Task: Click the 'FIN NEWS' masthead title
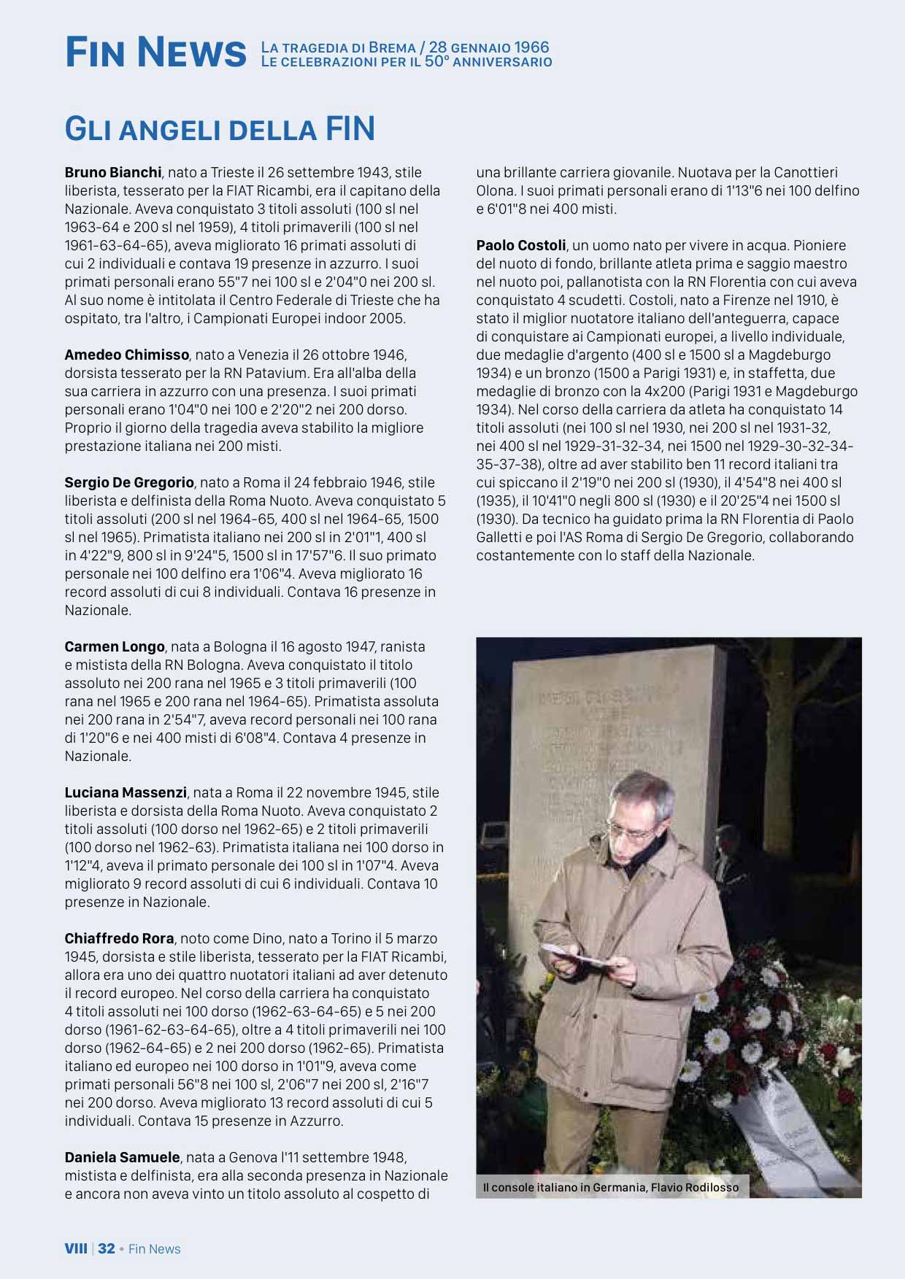pos(155,53)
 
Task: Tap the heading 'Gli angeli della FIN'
pos(220,129)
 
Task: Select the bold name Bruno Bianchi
pos(112,173)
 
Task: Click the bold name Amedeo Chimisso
pos(126,355)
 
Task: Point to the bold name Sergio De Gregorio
pos(129,483)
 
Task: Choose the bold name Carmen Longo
pos(115,647)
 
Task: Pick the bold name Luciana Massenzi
pos(126,793)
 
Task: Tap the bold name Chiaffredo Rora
pos(119,939)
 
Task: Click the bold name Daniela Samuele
pos(122,1158)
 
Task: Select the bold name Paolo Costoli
pos(520,246)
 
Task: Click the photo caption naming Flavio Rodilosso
pos(610,1188)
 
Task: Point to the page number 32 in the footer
pos(107,1249)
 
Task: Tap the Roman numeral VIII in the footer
pos(76,1249)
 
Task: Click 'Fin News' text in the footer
pos(154,1249)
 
